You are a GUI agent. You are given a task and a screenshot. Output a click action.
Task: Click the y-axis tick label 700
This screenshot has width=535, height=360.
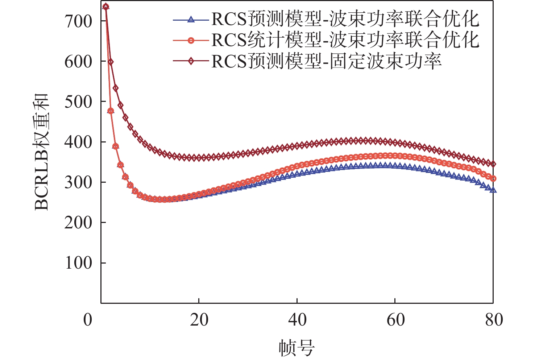click(79, 21)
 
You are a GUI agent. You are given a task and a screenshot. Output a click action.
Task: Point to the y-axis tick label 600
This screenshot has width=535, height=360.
click(79, 62)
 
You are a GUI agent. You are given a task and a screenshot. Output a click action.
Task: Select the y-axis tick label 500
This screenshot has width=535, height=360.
click(79, 102)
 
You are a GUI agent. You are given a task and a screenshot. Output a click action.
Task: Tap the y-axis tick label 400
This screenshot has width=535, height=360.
click(79, 142)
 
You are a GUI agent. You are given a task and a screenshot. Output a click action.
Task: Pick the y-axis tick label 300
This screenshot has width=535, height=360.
click(79, 182)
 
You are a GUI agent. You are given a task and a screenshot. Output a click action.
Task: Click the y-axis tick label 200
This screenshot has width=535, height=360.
click(79, 223)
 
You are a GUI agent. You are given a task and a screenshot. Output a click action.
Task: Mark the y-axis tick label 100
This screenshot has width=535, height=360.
click(79, 263)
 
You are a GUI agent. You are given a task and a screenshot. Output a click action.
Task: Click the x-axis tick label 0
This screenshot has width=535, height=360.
click(88, 320)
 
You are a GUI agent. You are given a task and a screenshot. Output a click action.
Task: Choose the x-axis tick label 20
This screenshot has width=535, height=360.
click(199, 320)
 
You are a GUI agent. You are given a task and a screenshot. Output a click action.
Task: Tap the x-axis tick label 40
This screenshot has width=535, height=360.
click(297, 320)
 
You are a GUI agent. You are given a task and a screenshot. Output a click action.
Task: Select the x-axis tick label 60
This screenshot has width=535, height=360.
click(395, 320)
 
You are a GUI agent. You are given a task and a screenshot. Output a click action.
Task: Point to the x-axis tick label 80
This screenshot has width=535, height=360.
click(494, 320)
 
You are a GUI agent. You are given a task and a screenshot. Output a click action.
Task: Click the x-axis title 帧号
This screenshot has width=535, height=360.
click(296, 348)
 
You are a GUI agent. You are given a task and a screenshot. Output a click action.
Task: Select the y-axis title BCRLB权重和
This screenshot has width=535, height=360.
click(41, 152)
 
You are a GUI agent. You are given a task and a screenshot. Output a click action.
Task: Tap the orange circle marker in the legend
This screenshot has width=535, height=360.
click(191, 40)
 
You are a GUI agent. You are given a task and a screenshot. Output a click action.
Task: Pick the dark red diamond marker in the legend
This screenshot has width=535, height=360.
click(191, 61)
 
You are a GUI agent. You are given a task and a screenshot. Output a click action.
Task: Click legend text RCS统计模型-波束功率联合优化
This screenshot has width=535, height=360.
click(345, 40)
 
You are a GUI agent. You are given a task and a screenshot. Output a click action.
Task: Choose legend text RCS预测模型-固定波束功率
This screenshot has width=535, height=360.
click(326, 61)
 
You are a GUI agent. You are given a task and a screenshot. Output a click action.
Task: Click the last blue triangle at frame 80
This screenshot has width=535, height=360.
click(493, 190)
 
